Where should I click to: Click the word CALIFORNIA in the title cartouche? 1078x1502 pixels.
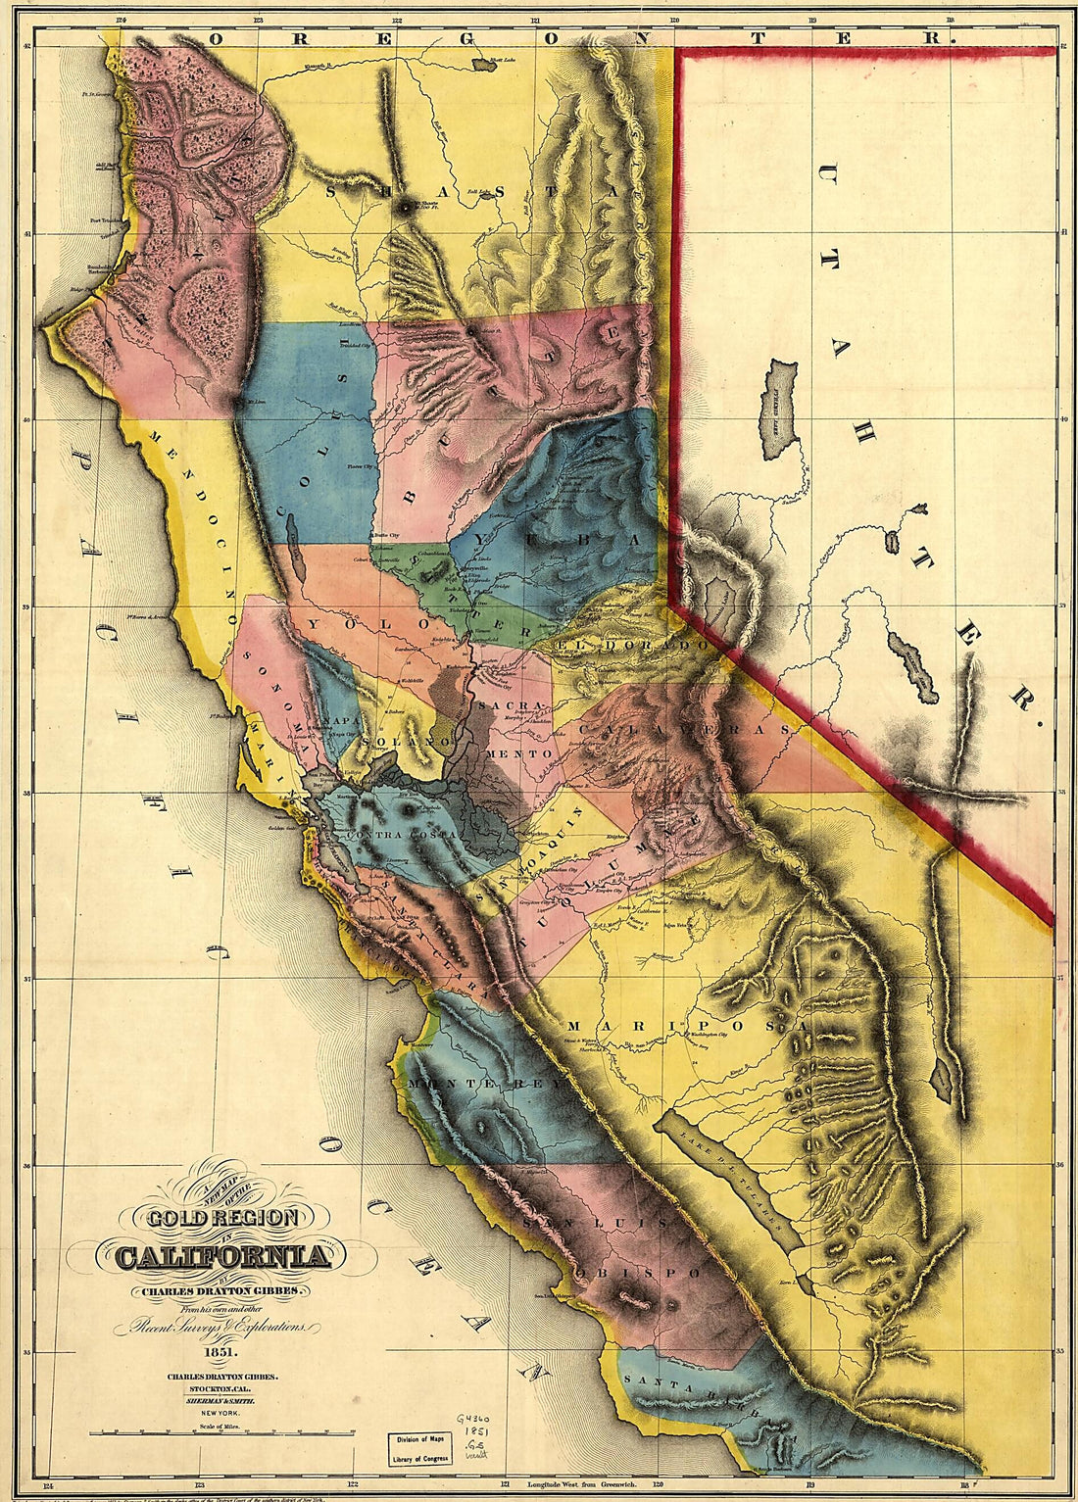222,1257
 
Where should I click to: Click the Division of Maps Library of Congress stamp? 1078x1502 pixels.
418,1448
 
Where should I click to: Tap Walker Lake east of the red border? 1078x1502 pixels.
912,666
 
